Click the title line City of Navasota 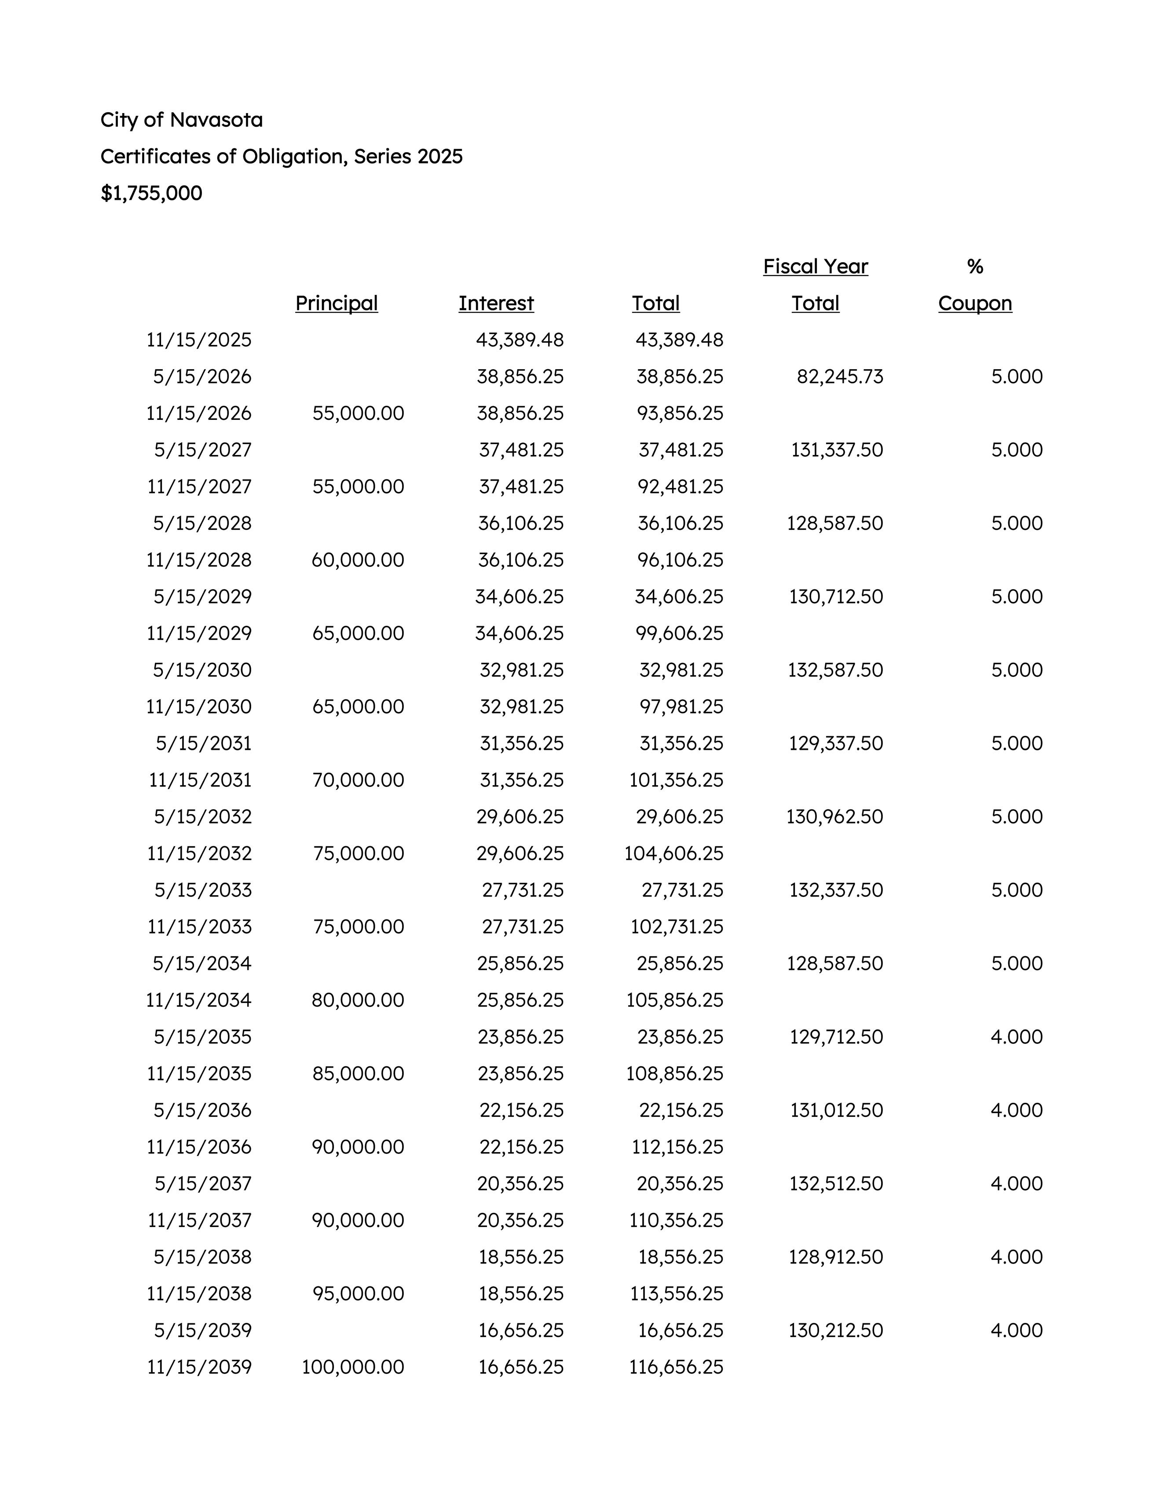(x=182, y=120)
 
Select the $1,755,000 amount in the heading (x=151, y=193)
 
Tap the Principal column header (x=336, y=303)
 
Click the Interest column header (x=496, y=303)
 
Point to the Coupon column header (x=974, y=303)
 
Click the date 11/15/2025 (x=199, y=340)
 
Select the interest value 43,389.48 (x=520, y=340)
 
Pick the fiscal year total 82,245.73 (x=840, y=377)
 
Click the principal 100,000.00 (x=353, y=1366)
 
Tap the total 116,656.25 (x=676, y=1366)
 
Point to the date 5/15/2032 (x=202, y=816)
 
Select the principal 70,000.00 (x=358, y=780)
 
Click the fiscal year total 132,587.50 (x=835, y=670)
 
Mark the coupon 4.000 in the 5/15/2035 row (x=1016, y=1036)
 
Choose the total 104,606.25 (x=674, y=853)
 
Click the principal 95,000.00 (x=358, y=1293)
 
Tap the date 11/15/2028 (x=199, y=560)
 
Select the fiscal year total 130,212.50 (x=835, y=1330)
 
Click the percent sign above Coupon (x=974, y=267)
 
